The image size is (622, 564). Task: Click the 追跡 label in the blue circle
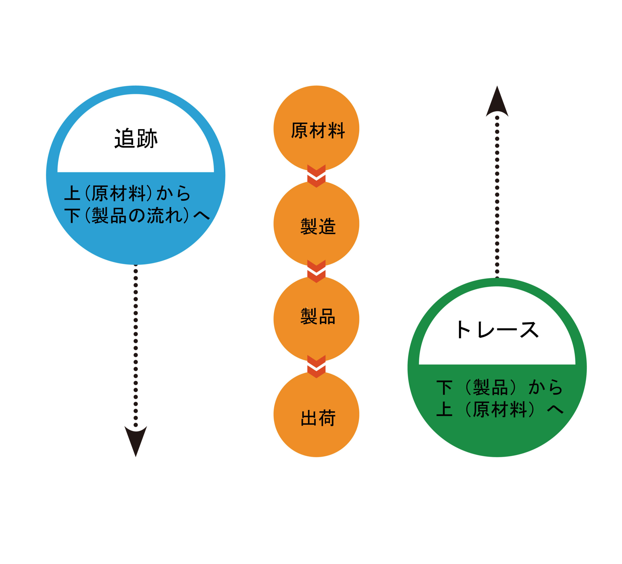pos(136,138)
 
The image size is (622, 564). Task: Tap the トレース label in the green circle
pos(497,329)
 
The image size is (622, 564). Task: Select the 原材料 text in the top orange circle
pos(318,130)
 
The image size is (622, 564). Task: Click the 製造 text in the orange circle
pos(318,226)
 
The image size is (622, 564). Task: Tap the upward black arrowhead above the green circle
pos(497,101)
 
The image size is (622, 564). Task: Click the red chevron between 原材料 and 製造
pos(316,176)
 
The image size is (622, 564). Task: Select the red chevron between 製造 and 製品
pos(316,271)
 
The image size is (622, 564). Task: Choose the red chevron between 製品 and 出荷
pos(316,366)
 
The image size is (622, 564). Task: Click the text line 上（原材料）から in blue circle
pos(127,193)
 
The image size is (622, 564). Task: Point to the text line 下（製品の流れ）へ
pos(137,215)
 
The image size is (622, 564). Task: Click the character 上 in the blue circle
pos(72,193)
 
